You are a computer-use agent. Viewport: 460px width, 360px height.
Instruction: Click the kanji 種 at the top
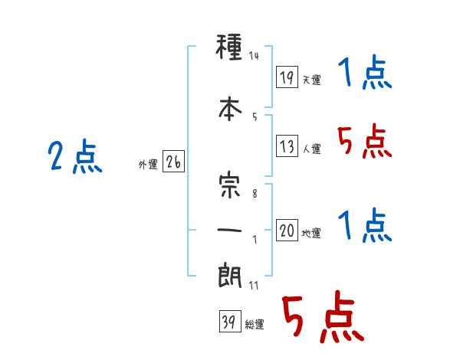tap(229, 47)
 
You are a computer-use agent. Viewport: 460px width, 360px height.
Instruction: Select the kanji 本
tap(230, 109)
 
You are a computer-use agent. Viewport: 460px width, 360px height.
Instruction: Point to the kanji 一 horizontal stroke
tap(229, 230)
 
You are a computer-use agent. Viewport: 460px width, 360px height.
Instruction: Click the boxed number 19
tap(287, 77)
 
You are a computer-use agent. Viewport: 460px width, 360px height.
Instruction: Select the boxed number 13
tap(287, 146)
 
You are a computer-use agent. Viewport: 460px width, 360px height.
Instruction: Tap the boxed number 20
tap(287, 230)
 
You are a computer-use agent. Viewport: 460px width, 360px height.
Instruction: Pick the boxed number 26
tap(173, 162)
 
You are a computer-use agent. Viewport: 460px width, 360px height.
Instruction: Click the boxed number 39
tap(230, 321)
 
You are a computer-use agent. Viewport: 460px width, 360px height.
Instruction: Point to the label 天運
tap(311, 80)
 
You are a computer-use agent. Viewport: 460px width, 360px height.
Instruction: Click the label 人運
tap(311, 149)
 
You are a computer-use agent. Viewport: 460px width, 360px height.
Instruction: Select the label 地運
tap(311, 234)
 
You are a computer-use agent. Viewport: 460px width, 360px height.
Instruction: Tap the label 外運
tap(148, 165)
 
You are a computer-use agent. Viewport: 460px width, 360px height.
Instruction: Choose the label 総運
tap(255, 325)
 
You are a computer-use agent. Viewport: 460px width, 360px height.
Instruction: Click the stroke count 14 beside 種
tap(254, 56)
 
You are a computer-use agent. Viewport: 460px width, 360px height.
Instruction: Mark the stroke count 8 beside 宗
tap(255, 194)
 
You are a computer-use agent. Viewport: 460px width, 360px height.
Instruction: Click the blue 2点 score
tap(75, 156)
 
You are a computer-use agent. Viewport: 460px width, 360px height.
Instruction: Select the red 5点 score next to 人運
tap(364, 141)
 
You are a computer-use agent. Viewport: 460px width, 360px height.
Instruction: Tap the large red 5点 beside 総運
tap(323, 316)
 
